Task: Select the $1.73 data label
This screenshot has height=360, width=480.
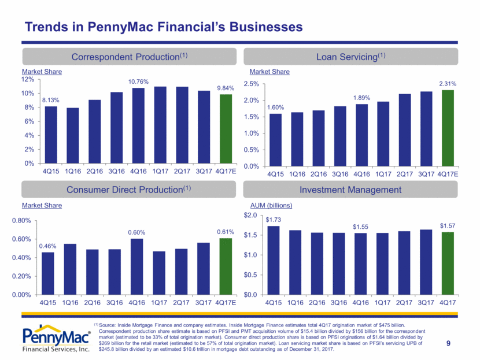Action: coord(273,220)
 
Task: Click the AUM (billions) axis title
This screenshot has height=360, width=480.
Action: coord(271,205)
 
